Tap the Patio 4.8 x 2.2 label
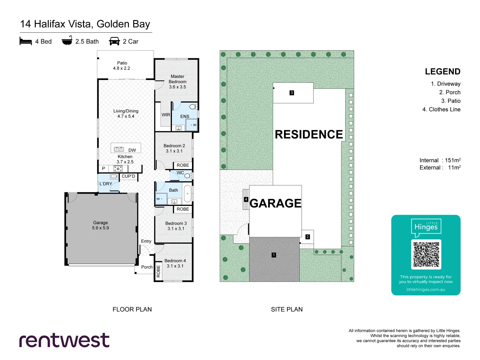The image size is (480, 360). coord(122,66)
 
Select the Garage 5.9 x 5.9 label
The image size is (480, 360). coord(100,225)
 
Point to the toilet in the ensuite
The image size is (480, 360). coord(193,107)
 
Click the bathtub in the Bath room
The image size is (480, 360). coord(187,194)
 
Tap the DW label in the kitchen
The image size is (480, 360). coord(132,150)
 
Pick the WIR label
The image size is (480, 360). coord(166,115)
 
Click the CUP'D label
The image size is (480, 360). coord(128,176)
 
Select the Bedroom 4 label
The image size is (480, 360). coord(175,261)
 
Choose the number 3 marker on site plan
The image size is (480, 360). coord(291,93)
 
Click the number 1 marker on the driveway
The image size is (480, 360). coord(274,255)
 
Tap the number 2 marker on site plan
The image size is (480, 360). coord(307,237)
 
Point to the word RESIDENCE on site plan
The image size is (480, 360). coord(309,134)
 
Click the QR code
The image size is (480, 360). coord(426,254)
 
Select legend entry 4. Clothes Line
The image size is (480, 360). coord(441,109)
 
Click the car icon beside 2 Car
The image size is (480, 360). coord(114,41)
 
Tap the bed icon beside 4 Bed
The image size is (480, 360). coord(26,41)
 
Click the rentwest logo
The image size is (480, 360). coord(64,340)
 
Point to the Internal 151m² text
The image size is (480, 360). coord(440,160)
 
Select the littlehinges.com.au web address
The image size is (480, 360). coord(426,289)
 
